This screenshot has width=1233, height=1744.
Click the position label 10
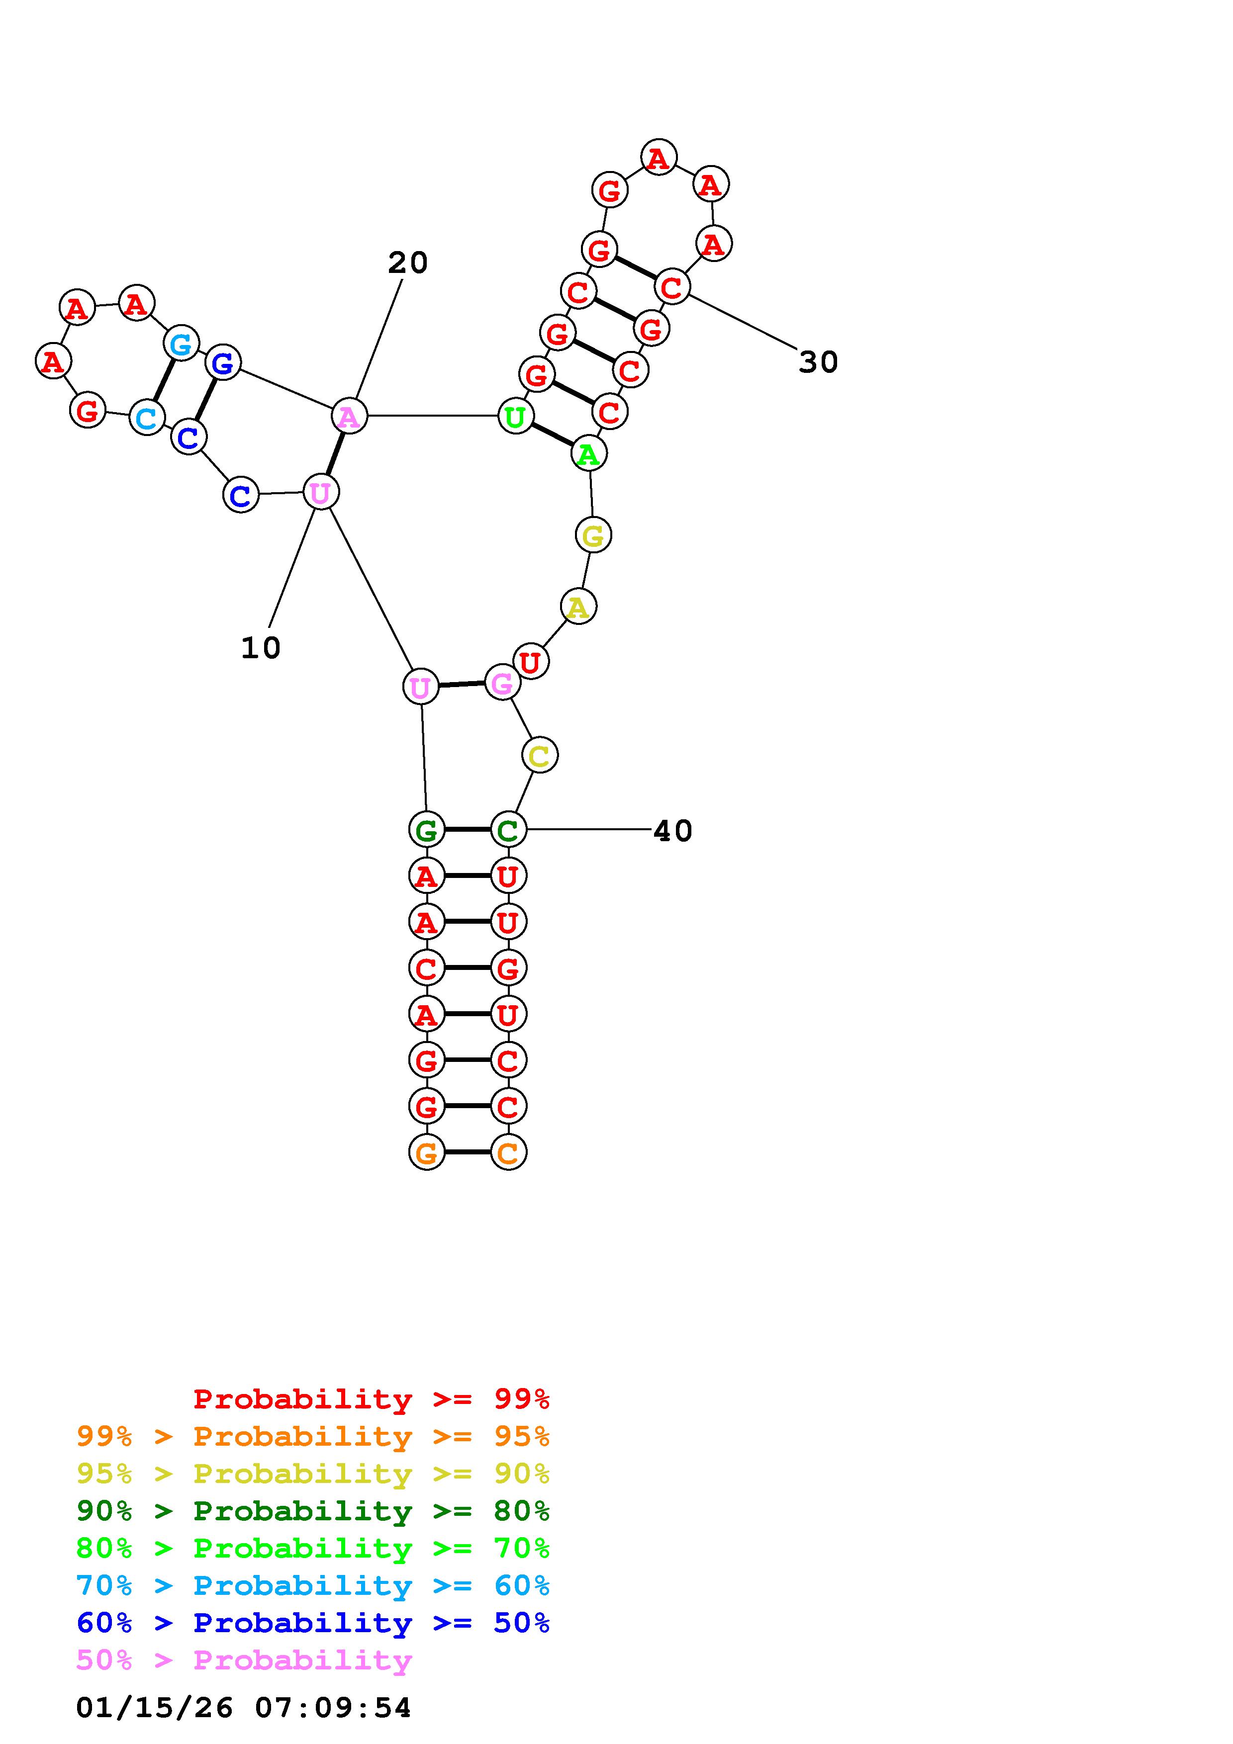click(261, 648)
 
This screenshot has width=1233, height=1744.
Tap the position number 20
click(408, 263)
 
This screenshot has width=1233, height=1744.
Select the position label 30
click(818, 362)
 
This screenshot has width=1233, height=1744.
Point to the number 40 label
click(672, 831)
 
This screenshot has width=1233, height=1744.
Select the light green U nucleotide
click(515, 416)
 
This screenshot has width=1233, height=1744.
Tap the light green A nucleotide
click(589, 454)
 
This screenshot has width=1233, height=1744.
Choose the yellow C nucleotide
click(539, 755)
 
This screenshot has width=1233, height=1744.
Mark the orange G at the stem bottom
click(426, 1152)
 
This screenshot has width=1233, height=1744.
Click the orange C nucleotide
click(508, 1152)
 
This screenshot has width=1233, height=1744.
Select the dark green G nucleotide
click(426, 829)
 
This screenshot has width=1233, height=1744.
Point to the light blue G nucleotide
click(182, 344)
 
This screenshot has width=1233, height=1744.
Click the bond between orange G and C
click(467, 1152)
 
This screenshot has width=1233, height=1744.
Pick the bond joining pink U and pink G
click(461, 685)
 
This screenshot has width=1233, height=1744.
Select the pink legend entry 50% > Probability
click(244, 1660)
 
